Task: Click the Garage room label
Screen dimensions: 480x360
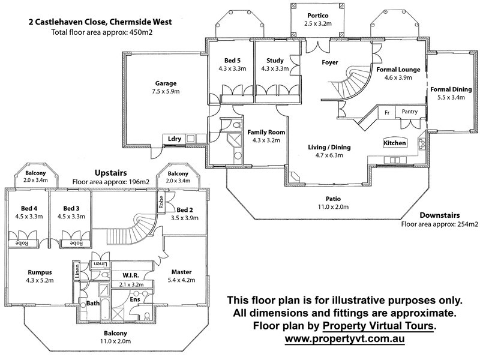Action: tap(166, 83)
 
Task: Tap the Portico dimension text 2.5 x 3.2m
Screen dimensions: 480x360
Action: tap(318, 23)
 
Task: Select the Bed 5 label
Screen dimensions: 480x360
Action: tap(232, 61)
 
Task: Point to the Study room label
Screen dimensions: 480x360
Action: tap(275, 61)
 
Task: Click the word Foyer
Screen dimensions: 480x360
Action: tap(329, 62)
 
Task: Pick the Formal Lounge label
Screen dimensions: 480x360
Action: tap(398, 70)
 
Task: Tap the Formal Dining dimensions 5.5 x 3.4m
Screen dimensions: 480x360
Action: tap(451, 97)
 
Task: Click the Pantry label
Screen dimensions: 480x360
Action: tap(410, 112)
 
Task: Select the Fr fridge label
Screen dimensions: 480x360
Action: tap(387, 113)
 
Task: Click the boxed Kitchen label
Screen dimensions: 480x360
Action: tap(395, 143)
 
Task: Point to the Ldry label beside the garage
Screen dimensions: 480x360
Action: tap(175, 139)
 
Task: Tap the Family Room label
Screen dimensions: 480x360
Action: tap(266, 132)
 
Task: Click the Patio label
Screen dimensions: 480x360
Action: tap(333, 199)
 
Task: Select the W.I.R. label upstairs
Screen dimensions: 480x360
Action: tap(131, 275)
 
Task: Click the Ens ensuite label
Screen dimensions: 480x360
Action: tap(135, 299)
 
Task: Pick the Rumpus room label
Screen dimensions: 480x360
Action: tap(40, 272)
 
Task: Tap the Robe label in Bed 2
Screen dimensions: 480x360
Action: tap(161, 202)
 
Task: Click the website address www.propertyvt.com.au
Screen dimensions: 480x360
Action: tap(344, 339)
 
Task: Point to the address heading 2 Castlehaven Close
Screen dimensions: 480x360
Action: tap(100, 22)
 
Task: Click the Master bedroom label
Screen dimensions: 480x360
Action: tap(181, 272)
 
